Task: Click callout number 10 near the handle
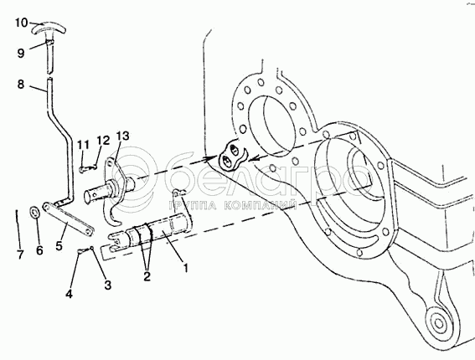click(x=22, y=23)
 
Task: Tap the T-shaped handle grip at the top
click(x=49, y=28)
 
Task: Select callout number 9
click(x=21, y=54)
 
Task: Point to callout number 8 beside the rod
click(x=21, y=85)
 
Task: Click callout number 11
click(x=83, y=146)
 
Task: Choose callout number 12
click(x=103, y=141)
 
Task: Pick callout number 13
click(x=123, y=136)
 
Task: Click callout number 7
click(x=20, y=255)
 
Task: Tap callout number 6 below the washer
click(x=39, y=250)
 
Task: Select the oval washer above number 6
click(x=34, y=212)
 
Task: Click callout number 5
click(x=59, y=245)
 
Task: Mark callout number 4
click(x=70, y=293)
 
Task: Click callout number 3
click(x=107, y=285)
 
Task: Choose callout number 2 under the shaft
click(x=147, y=275)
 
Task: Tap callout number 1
click(x=186, y=268)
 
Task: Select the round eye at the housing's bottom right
click(x=438, y=323)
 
